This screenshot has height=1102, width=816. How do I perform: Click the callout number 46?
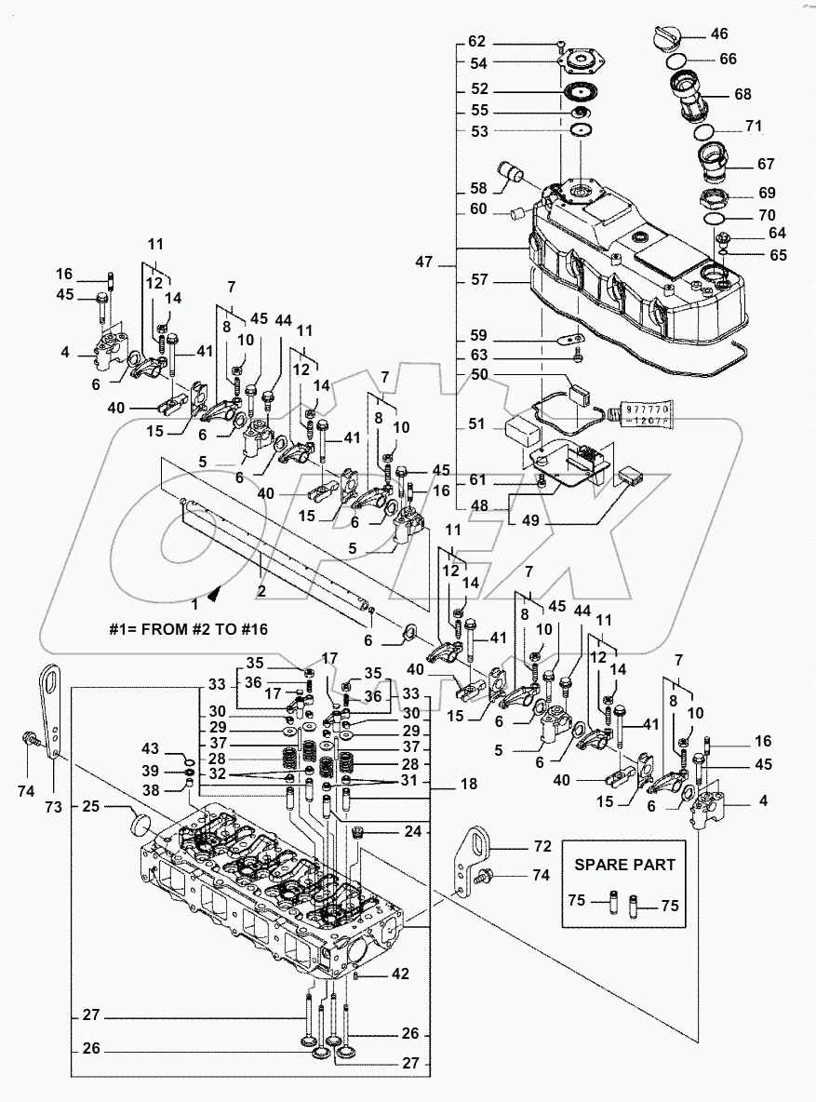[x=719, y=34]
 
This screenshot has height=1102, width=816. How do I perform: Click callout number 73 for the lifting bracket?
[x=54, y=807]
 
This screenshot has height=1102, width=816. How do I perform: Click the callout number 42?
[x=398, y=974]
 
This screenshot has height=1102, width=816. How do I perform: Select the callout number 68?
[x=742, y=94]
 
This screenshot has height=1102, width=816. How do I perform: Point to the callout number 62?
[x=477, y=42]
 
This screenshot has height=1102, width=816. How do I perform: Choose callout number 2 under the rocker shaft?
[x=261, y=591]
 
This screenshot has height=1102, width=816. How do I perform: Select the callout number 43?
[x=150, y=748]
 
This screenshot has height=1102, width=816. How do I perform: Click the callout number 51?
[x=477, y=424]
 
